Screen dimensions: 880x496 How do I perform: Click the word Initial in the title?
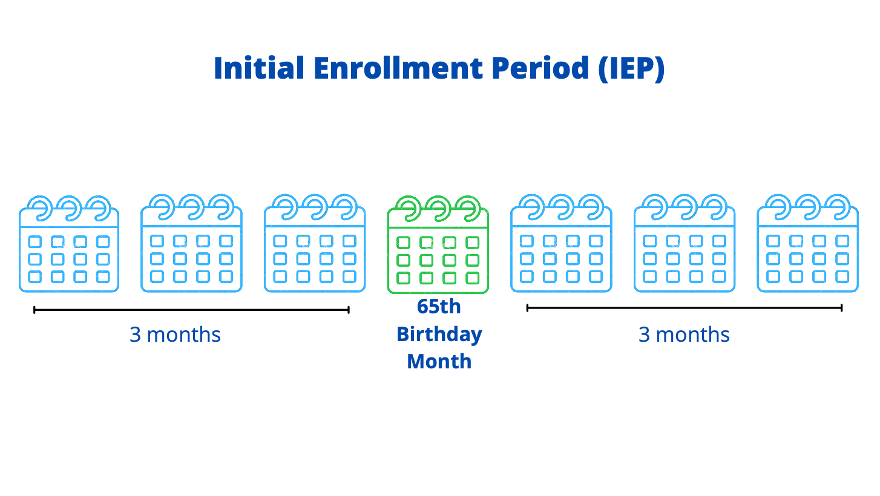pyautogui.click(x=259, y=68)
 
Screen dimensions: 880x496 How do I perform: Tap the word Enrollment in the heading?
pyautogui.click(x=398, y=68)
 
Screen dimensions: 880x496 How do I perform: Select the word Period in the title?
pyautogui.click(x=540, y=68)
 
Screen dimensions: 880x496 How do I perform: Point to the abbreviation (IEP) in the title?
pyautogui.click(x=632, y=69)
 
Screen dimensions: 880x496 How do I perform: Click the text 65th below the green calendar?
pyautogui.click(x=439, y=307)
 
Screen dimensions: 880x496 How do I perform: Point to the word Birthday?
pyautogui.click(x=439, y=334)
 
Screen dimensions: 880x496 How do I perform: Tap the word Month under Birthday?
pyautogui.click(x=439, y=361)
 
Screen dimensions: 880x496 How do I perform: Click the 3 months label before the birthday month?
pyautogui.click(x=176, y=334)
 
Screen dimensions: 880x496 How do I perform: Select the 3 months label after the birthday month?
pyautogui.click(x=684, y=334)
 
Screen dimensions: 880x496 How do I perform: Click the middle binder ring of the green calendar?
pyautogui.click(x=439, y=207)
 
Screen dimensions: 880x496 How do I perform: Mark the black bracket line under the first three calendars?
pyautogui.click(x=191, y=310)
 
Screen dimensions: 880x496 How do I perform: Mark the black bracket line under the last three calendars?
pyautogui.click(x=685, y=308)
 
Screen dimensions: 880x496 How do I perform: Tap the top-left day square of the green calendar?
pyautogui.click(x=404, y=243)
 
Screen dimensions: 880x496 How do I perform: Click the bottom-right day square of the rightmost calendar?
pyautogui.click(x=842, y=276)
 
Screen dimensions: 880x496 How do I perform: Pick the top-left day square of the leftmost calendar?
pyautogui.click(x=35, y=241)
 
